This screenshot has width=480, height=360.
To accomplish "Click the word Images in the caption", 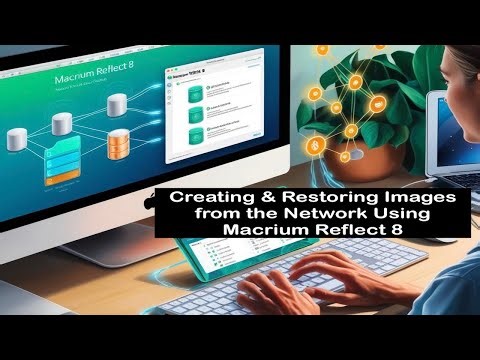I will tap(413, 199).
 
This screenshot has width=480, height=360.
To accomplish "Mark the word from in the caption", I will tap(217, 215).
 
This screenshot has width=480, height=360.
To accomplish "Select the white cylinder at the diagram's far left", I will tap(16, 139).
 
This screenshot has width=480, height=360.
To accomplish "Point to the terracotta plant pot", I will tap(359, 160).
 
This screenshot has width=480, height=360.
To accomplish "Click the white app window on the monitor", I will tap(214, 110).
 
